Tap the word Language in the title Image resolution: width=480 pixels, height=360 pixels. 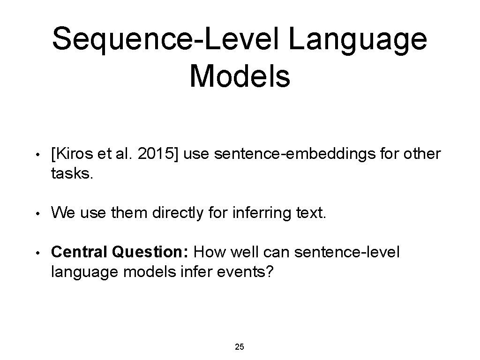click(358, 39)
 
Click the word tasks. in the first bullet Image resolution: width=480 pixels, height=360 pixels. click(73, 174)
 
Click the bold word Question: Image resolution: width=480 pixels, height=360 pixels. click(150, 253)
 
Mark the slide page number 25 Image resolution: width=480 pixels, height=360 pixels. click(240, 347)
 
